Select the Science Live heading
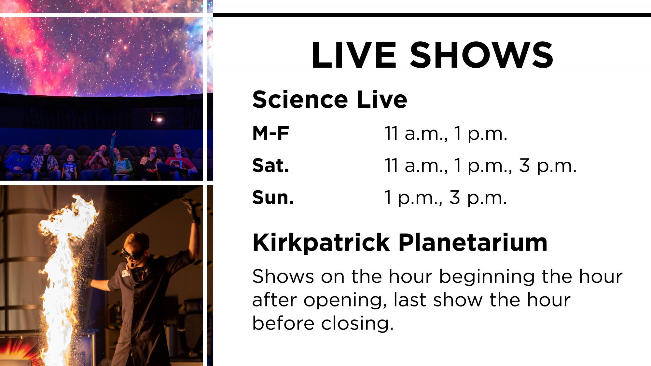(x=329, y=100)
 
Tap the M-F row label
(x=270, y=133)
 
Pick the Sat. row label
(x=270, y=166)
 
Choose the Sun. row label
(x=273, y=197)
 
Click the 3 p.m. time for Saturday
(x=547, y=166)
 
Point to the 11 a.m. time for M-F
(x=416, y=134)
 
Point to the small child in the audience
(x=69, y=166)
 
